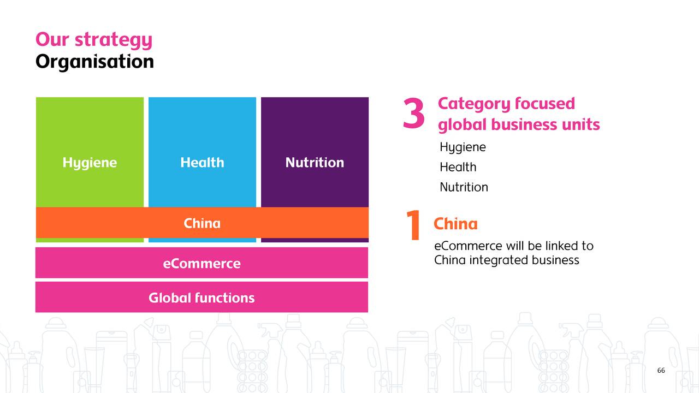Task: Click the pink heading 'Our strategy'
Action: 93,40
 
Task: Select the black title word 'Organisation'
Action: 94,61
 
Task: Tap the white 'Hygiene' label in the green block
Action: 90,163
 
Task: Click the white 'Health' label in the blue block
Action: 202,163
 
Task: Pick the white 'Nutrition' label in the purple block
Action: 315,163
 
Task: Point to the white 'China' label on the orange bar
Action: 202,223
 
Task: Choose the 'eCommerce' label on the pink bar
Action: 202,264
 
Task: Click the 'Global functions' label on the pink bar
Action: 202,298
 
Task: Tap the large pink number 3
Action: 413,115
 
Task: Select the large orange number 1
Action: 413,226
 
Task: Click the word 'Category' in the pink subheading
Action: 471,104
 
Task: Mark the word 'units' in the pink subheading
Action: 580,124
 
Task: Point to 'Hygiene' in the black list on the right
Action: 463,147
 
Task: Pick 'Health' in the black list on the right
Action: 458,167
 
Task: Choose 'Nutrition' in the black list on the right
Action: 464,187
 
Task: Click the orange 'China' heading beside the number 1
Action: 455,224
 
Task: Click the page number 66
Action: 661,371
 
